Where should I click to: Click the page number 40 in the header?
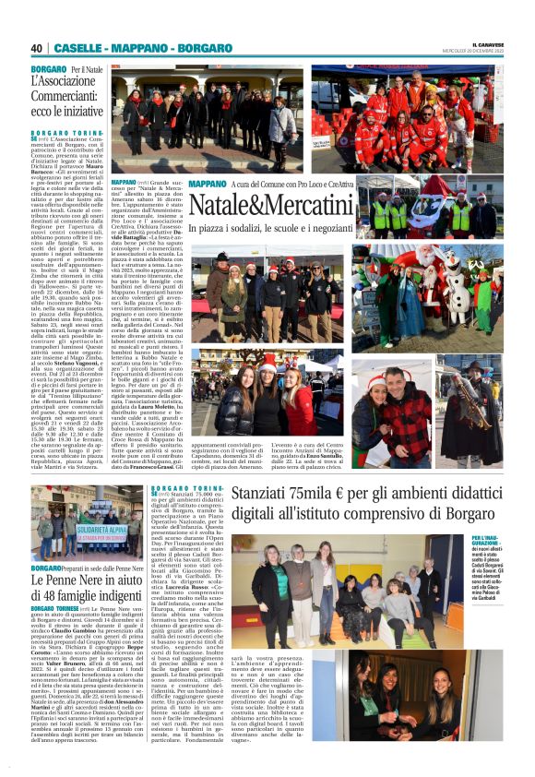tap(37, 48)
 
